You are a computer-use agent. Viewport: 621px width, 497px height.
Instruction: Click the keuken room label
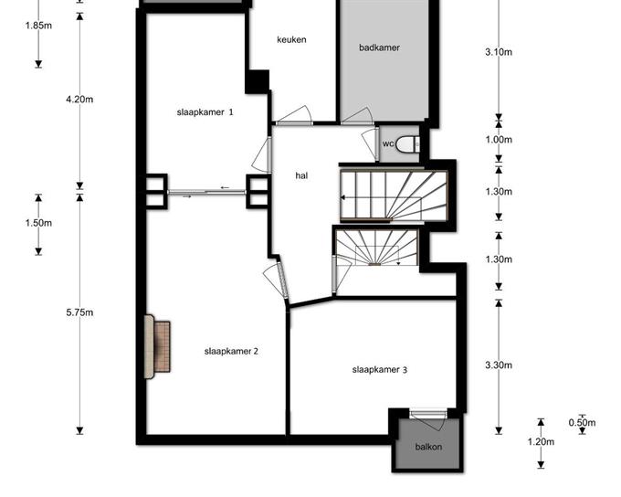[291, 39]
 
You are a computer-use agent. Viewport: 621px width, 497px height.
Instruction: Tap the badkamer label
[379, 48]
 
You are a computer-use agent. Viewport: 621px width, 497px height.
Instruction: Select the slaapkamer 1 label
[205, 112]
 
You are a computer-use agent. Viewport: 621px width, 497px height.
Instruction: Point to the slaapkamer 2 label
[231, 351]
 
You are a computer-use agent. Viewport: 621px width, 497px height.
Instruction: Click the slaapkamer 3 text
[380, 370]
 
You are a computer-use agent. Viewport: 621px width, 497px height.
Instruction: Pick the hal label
[301, 175]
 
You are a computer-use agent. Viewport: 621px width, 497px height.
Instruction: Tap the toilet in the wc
[407, 143]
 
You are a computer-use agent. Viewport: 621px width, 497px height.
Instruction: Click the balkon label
[428, 447]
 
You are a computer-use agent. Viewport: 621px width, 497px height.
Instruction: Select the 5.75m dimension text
[79, 312]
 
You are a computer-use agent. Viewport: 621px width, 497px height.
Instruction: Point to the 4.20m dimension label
[79, 99]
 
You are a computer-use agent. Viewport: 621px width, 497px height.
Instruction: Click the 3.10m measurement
[499, 52]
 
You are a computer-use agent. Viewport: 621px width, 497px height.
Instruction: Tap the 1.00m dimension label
[499, 140]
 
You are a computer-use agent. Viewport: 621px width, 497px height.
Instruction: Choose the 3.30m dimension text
[499, 365]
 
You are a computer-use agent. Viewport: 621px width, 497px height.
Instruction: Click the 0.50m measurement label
[582, 423]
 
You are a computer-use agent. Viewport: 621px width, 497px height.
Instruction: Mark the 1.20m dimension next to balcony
[541, 441]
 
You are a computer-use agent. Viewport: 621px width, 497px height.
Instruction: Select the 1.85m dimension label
[38, 26]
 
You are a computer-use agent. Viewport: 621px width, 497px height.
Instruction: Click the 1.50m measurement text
[38, 223]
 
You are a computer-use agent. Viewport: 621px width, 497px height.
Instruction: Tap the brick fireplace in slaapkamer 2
[158, 347]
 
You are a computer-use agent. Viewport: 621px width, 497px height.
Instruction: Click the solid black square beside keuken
[257, 81]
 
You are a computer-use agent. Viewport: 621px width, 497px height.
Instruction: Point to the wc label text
[388, 143]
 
